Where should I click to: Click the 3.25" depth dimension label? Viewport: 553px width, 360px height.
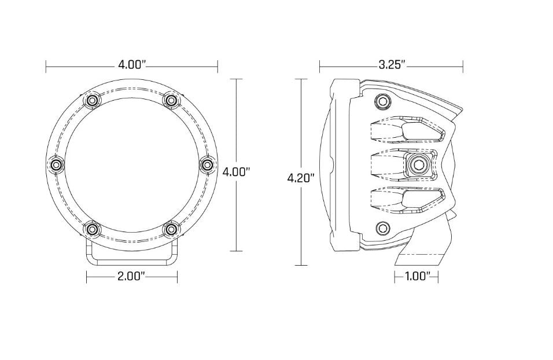[x=392, y=64]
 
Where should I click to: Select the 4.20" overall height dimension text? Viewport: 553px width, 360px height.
[x=301, y=178]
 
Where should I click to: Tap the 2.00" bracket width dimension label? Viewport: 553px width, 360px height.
[x=131, y=276]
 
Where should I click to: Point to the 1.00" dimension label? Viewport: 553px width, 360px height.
[x=417, y=276]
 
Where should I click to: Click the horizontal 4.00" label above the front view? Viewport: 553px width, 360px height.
[x=131, y=64]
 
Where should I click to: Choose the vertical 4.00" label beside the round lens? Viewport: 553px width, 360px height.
[x=236, y=171]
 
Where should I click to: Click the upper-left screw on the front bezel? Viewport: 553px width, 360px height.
[x=93, y=101]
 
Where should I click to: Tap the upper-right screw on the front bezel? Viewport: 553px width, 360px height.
[x=170, y=101]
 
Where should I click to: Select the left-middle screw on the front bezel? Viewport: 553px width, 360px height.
[x=56, y=166]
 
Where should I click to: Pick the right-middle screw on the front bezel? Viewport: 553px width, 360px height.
[x=207, y=166]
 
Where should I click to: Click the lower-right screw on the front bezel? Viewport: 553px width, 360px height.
[x=170, y=230]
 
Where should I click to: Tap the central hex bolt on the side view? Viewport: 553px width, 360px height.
[x=418, y=165]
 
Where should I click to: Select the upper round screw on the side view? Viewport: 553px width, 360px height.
[x=382, y=101]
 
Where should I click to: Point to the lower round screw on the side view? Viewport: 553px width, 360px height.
[x=382, y=228]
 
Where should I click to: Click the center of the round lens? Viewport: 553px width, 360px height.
[x=131, y=166]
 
